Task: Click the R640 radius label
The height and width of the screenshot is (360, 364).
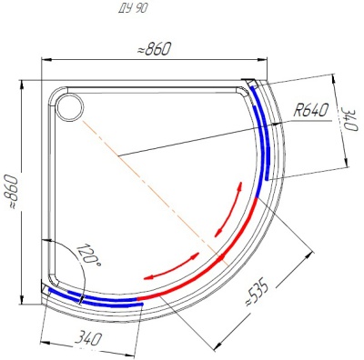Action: pyautogui.click(x=310, y=112)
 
